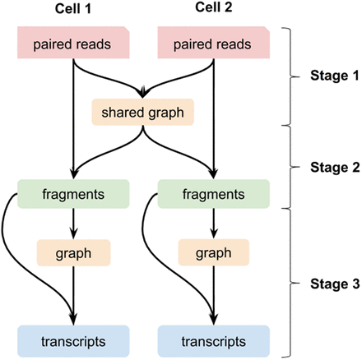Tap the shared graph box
point(145,111)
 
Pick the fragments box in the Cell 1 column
point(74,195)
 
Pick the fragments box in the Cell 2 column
point(213,195)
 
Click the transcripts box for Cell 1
point(74,340)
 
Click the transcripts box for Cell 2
point(213,340)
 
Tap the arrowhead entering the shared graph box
point(145,92)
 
